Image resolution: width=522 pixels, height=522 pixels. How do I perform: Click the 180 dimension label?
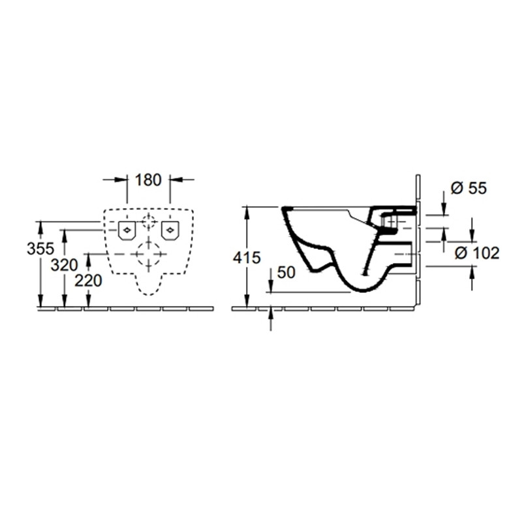[148, 180]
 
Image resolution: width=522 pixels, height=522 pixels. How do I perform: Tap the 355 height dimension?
[40, 249]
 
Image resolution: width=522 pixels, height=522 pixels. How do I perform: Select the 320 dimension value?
[64, 266]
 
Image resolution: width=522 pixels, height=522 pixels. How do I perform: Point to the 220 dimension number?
[88, 281]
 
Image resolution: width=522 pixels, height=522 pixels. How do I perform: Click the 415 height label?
[247, 258]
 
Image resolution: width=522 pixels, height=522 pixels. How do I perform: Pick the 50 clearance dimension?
[286, 273]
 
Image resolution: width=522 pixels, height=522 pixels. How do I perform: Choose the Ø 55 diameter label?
[468, 189]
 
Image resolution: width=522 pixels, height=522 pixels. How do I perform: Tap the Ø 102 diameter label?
[478, 253]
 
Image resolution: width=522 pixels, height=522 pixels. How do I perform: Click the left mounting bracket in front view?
[127, 230]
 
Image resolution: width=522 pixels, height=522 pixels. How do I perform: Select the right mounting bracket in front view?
[170, 230]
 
